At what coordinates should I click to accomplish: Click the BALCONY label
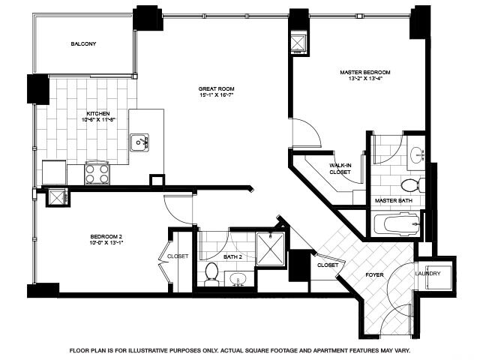(x=83, y=44)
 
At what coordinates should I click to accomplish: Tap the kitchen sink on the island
(x=139, y=141)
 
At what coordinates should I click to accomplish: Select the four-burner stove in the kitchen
(x=97, y=173)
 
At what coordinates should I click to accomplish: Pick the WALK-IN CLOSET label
(x=340, y=168)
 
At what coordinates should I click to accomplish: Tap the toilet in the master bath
(x=409, y=184)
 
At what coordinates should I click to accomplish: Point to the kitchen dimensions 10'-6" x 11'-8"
(x=99, y=119)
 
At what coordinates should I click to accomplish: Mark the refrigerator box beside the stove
(x=53, y=172)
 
